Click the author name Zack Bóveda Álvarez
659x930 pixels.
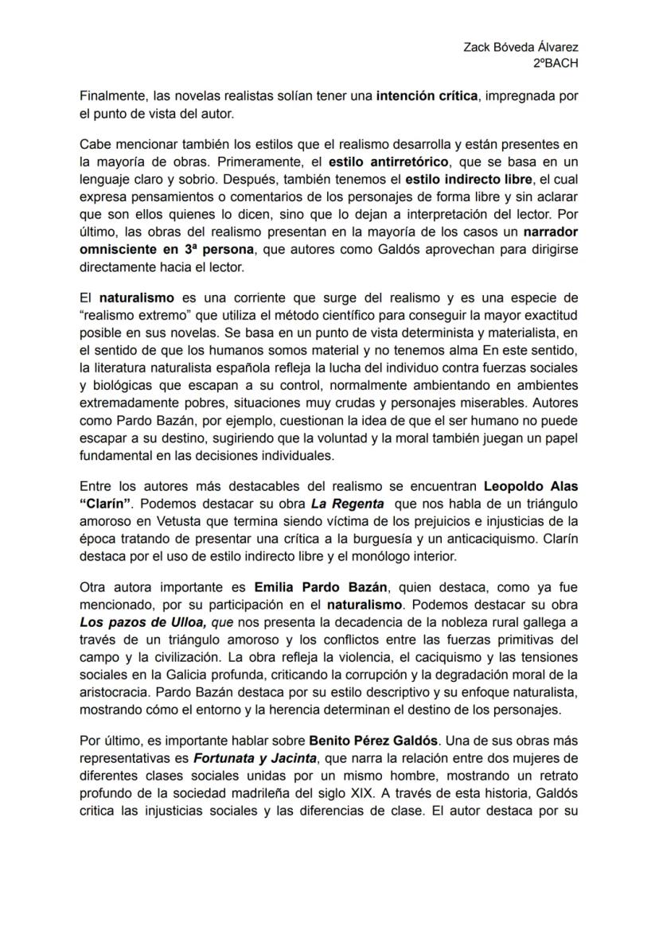[521, 47]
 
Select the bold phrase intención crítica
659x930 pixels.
[427, 97]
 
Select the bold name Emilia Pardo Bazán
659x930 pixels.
[321, 588]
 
